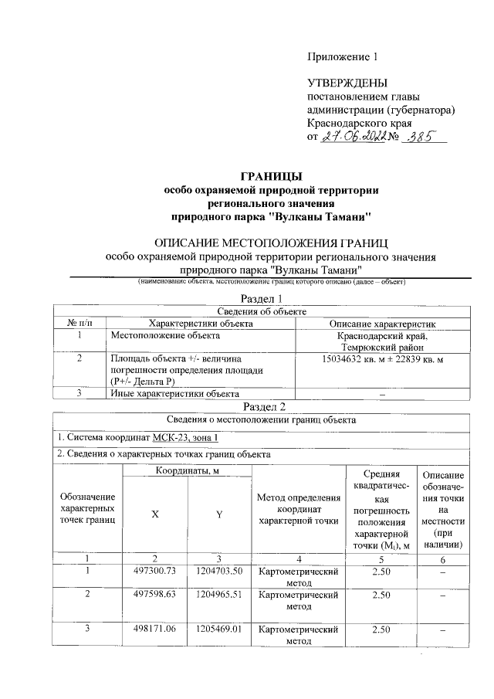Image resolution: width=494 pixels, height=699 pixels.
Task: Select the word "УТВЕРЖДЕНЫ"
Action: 347,83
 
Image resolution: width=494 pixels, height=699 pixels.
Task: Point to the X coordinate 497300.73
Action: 155,571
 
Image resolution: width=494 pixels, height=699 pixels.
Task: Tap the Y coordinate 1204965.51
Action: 218,596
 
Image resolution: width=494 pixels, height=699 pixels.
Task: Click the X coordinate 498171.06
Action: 155,629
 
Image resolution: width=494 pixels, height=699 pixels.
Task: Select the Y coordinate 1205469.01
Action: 218,629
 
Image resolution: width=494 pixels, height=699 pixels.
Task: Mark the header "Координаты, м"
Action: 187,471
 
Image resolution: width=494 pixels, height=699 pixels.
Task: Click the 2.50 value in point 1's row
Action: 380,571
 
